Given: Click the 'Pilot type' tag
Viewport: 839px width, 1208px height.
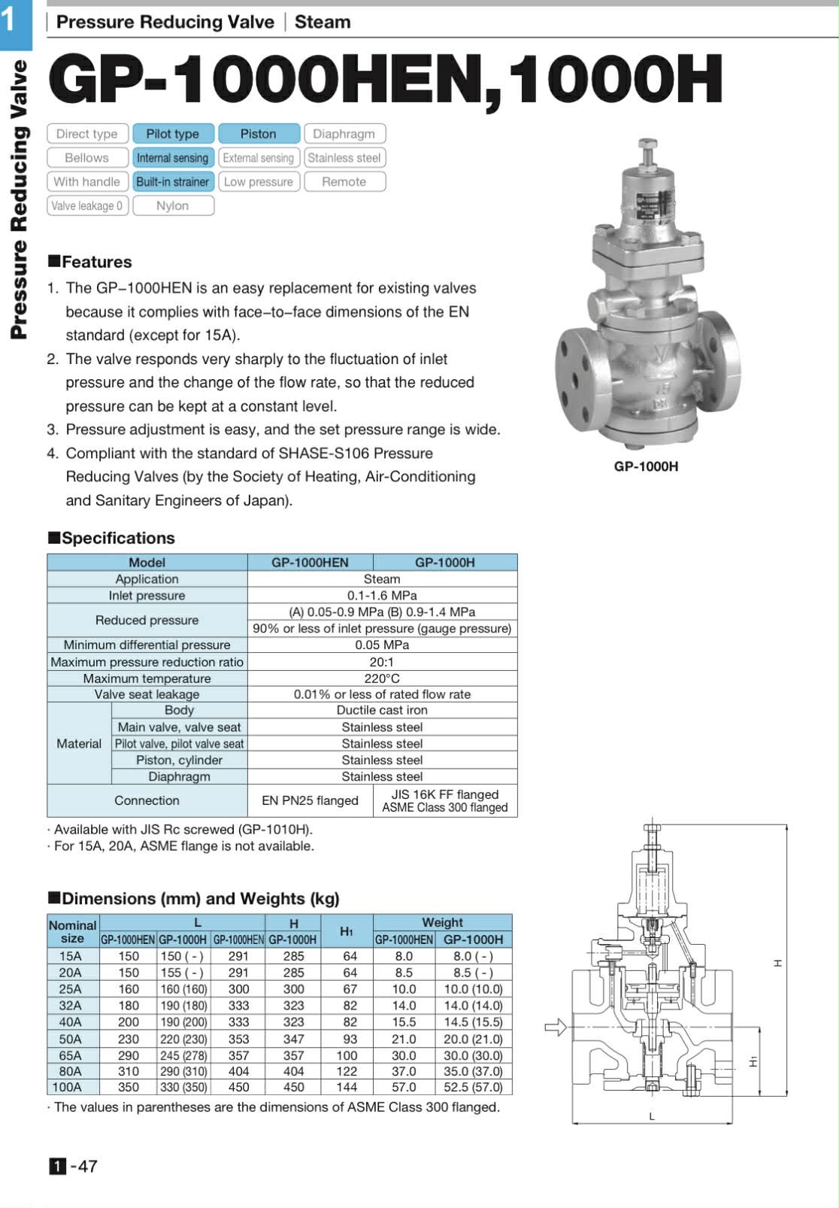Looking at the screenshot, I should pos(173,134).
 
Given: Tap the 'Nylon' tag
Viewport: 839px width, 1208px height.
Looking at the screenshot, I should pos(173,206).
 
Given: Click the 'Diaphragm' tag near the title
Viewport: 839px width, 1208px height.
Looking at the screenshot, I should pos(344,134).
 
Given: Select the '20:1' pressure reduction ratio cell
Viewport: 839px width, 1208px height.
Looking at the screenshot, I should pos(382,662).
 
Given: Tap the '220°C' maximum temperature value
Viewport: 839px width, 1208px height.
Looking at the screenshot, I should pos(382,678).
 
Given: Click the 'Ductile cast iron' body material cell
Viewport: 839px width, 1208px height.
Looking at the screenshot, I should pos(382,710).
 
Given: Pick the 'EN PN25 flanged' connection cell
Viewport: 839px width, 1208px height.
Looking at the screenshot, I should pos(310,800).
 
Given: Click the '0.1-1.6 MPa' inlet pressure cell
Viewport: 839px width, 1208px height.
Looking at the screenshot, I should pos(382,596).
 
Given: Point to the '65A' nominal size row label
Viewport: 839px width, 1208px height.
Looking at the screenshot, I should pos(70,1055).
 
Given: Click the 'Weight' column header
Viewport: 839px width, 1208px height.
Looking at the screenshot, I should pos(442,922).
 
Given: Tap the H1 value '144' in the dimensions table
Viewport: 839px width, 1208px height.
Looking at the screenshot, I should pos(347,1087).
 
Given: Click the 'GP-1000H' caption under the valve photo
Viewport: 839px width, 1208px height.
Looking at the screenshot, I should pos(646,466).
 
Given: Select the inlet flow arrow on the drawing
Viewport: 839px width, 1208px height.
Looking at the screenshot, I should pos(555,1027).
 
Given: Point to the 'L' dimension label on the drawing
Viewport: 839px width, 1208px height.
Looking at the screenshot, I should pos(652,1117).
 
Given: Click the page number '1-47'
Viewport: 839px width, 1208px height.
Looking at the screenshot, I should pos(74,1166).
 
